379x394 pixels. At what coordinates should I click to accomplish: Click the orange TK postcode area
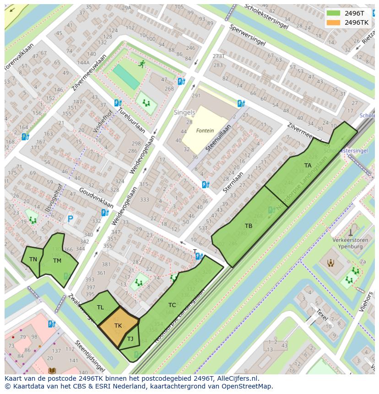coord(118,326)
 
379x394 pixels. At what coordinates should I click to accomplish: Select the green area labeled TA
coord(308,166)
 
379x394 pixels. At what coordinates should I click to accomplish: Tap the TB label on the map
coord(248,226)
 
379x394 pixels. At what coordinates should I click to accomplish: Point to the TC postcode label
coord(172,305)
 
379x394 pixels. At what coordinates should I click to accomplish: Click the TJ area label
coord(130,339)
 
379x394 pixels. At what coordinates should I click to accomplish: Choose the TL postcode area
coord(100,308)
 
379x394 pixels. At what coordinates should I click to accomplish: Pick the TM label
coord(57,261)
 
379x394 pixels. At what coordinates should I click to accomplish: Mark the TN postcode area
coord(33,259)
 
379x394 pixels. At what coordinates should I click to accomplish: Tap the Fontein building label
coord(205,130)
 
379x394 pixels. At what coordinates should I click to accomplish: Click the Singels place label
coord(184,112)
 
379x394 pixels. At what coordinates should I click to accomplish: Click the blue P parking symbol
coord(70,219)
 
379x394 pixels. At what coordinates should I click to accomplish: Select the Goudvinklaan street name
coord(96,197)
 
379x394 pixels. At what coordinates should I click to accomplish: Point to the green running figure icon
coord(142,64)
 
